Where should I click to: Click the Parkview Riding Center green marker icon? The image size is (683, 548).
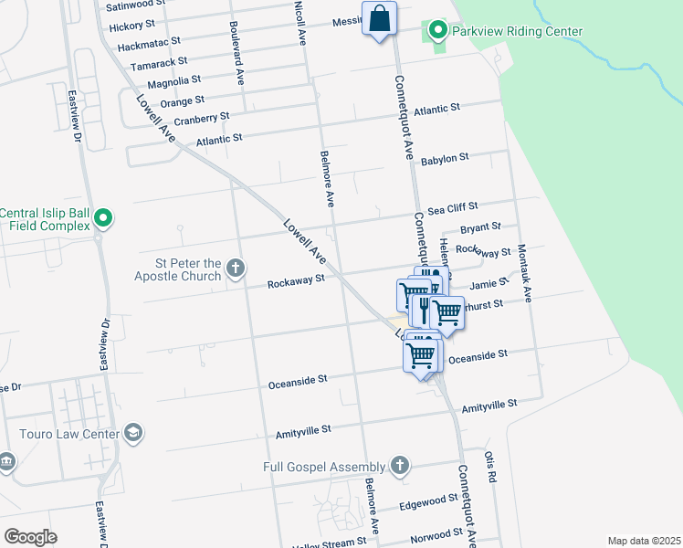click(437, 32)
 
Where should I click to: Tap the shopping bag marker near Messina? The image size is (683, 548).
click(379, 18)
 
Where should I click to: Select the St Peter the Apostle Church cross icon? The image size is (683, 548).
click(236, 268)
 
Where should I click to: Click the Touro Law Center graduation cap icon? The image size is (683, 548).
click(133, 432)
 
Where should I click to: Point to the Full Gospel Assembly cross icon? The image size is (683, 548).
click(398, 466)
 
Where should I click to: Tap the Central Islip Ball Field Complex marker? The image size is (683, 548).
click(103, 218)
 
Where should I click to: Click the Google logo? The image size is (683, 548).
click(31, 537)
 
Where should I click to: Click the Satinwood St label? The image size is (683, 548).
click(136, 5)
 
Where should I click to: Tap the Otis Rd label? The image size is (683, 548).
click(489, 462)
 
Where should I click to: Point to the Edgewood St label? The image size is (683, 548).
click(429, 501)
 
